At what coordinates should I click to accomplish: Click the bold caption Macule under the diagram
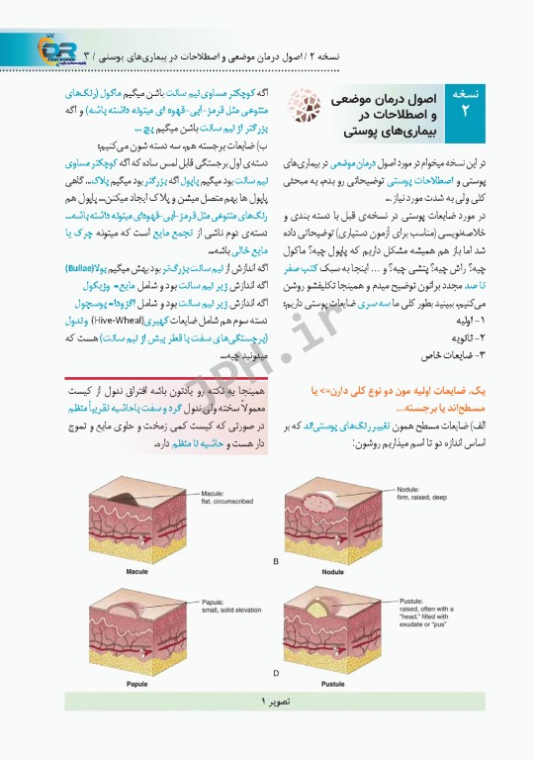click(137, 571)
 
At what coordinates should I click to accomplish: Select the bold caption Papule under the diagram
click(137, 682)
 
